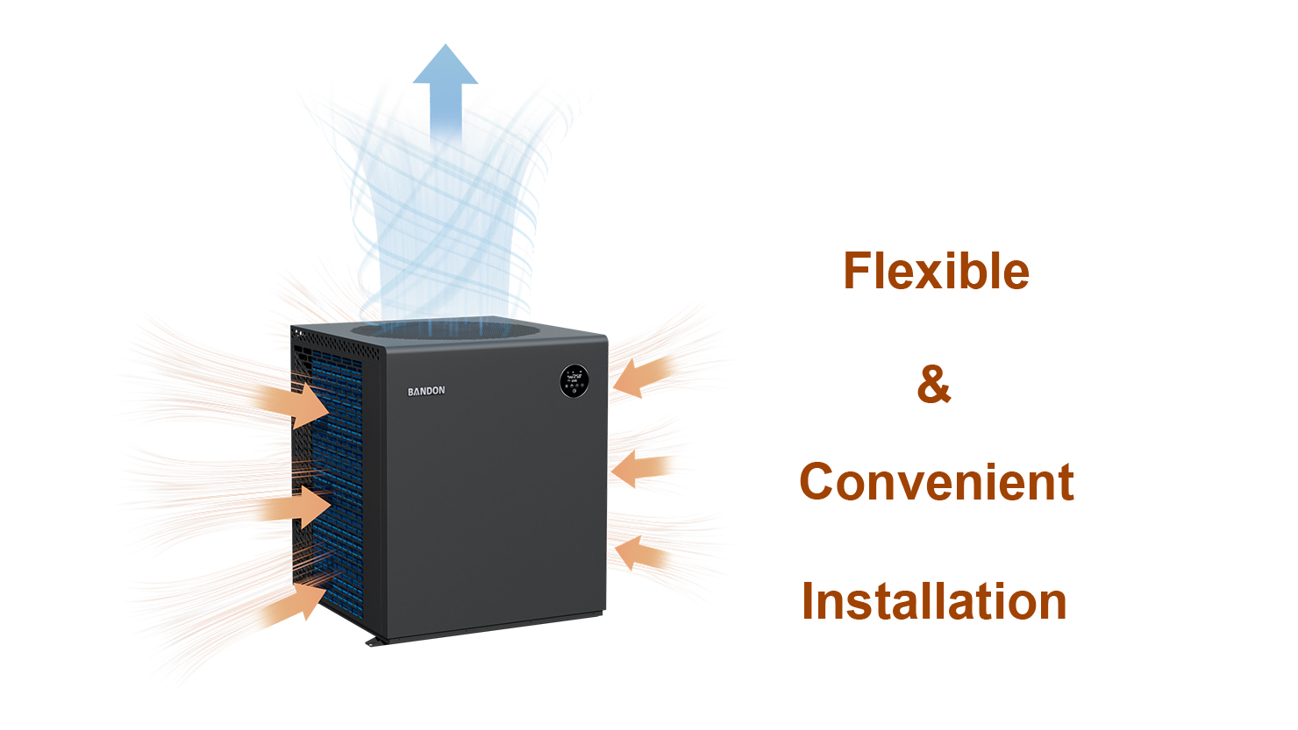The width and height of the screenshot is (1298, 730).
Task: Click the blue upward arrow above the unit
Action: (446, 93)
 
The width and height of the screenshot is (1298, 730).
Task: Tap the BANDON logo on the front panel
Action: (426, 392)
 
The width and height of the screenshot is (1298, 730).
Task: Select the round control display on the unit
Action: (574, 381)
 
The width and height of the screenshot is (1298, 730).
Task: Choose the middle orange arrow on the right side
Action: (642, 468)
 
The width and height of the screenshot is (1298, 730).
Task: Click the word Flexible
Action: (936, 271)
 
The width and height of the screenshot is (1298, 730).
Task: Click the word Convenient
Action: (937, 482)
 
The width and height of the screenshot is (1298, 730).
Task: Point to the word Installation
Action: (934, 601)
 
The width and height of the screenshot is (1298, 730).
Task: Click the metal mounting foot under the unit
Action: (376, 641)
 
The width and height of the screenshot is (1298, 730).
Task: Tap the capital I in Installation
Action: (807, 601)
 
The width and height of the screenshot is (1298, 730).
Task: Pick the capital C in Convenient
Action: (816, 482)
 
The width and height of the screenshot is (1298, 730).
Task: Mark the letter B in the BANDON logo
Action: (410, 392)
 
